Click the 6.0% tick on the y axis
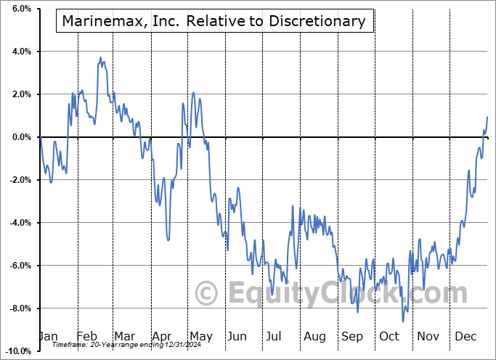pyautogui.click(x=20, y=9)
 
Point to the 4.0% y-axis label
pyautogui.click(x=20, y=52)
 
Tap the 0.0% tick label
pyautogui.click(x=20, y=137)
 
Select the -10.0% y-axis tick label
pyautogui.click(x=17, y=351)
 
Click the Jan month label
pyautogui.click(x=48, y=337)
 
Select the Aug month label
pyautogui.click(x=314, y=337)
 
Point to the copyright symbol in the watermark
pyautogui.click(x=208, y=294)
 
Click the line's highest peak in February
pyautogui.click(x=101, y=58)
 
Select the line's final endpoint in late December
pyautogui.click(x=487, y=117)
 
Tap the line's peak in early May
pyautogui.click(x=193, y=93)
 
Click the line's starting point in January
pyautogui.click(x=41, y=137)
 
